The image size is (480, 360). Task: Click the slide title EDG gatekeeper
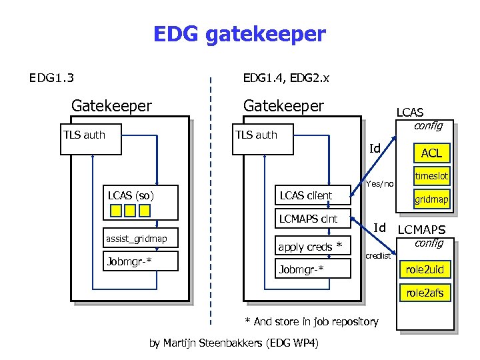pyautogui.click(x=239, y=34)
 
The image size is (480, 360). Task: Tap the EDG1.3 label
pyautogui.click(x=51, y=79)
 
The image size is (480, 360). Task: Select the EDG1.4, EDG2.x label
pyautogui.click(x=286, y=79)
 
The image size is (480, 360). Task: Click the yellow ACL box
pyautogui.click(x=431, y=153)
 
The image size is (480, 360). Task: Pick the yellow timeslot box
pyautogui.click(x=431, y=176)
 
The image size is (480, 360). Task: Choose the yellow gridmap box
pyautogui.click(x=431, y=199)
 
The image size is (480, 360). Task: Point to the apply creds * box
pyautogui.click(x=313, y=247)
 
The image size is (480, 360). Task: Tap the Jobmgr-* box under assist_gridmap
pyautogui.click(x=141, y=261)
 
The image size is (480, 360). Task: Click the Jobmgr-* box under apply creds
pyautogui.click(x=313, y=269)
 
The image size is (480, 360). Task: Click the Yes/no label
pyautogui.click(x=380, y=183)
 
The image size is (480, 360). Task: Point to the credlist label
pyautogui.click(x=379, y=256)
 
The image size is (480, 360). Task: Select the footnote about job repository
pyautogui.click(x=311, y=321)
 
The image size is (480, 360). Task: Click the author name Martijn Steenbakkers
pyautogui.click(x=233, y=343)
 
